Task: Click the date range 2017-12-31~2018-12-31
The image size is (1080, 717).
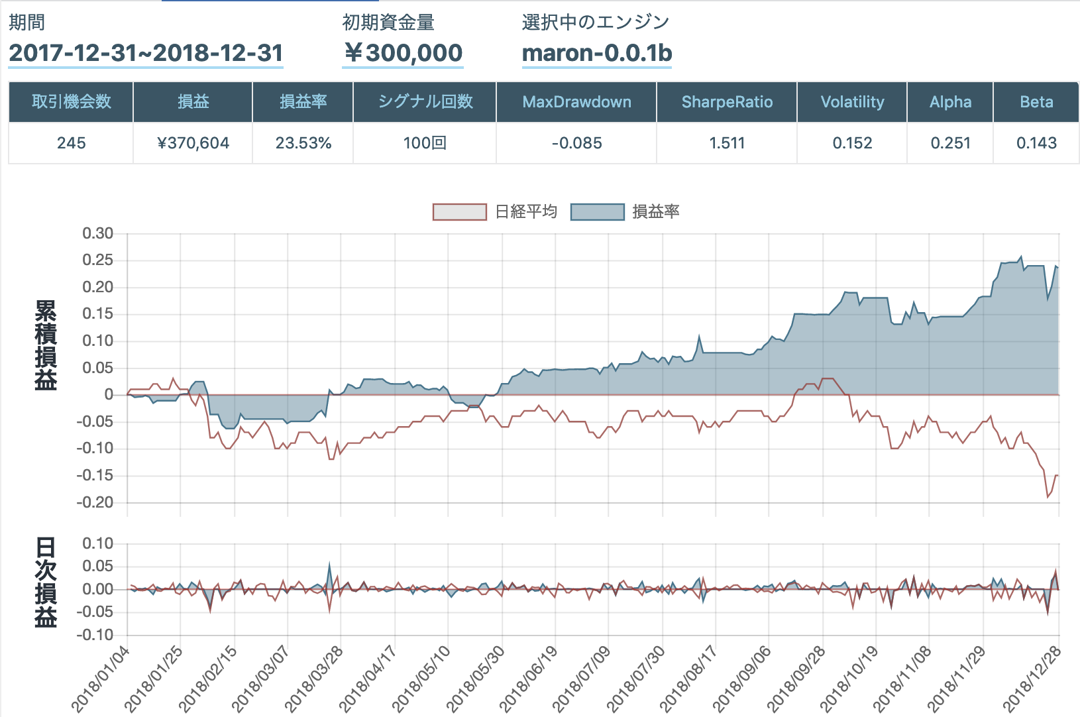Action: [x=146, y=53]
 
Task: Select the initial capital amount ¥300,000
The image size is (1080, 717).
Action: [x=403, y=53]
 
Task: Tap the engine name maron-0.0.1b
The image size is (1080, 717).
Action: [x=597, y=53]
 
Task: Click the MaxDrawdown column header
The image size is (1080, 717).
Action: [x=576, y=102]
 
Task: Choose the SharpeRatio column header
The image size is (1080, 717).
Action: [x=727, y=102]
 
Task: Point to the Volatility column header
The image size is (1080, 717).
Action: [x=852, y=102]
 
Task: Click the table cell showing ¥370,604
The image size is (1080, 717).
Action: [x=193, y=143]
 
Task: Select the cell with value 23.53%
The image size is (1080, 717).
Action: [x=303, y=143]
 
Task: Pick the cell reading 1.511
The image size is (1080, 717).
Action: [x=727, y=143]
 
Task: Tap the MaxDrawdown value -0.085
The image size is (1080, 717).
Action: [x=576, y=143]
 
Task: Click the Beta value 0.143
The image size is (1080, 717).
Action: [x=1036, y=143]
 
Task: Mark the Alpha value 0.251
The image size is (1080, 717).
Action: [x=950, y=143]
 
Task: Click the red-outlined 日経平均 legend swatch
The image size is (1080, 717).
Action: [x=459, y=212]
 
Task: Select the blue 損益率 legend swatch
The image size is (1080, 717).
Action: [x=597, y=212]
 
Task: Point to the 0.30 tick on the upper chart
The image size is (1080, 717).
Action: [x=97, y=233]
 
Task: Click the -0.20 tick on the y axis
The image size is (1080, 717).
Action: [x=95, y=502]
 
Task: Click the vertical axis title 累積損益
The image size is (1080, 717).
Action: [x=46, y=345]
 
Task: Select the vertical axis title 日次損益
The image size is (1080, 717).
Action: [x=46, y=582]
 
